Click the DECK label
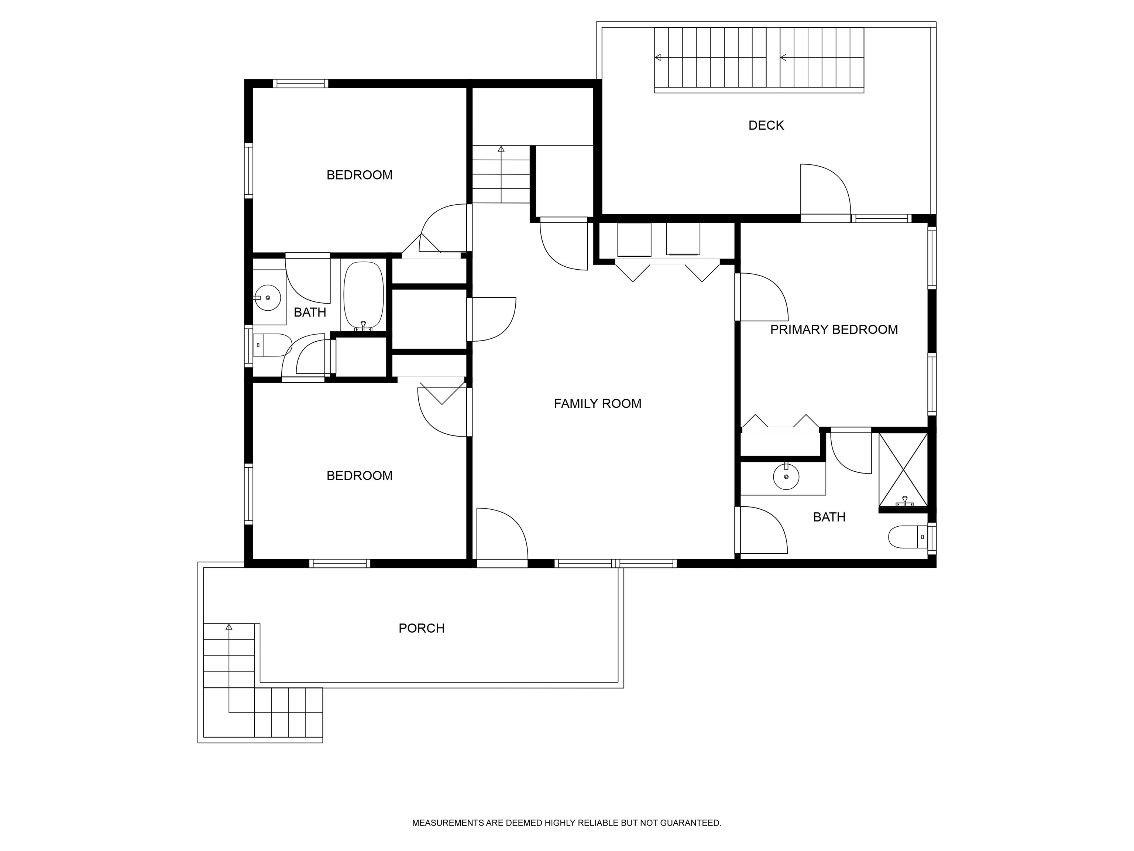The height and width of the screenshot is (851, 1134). click(766, 125)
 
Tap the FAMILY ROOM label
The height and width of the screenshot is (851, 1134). click(597, 404)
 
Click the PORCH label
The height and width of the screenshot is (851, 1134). click(422, 628)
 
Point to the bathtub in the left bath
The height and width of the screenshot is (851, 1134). click(363, 296)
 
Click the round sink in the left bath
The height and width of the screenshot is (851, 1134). click(268, 297)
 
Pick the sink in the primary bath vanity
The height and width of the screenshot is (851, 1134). click(786, 476)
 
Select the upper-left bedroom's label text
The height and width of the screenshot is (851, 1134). click(360, 175)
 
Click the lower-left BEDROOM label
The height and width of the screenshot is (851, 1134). click(360, 475)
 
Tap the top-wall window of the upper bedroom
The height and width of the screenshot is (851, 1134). click(300, 83)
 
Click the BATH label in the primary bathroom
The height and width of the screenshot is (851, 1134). click(829, 517)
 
